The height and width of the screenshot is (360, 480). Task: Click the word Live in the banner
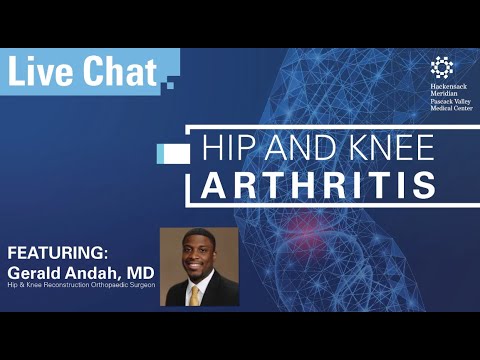[x=39, y=71]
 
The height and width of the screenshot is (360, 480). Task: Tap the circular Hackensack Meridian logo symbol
[x=441, y=67]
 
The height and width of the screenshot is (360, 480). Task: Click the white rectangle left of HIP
[x=174, y=151]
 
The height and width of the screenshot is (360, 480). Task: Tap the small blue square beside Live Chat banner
[x=170, y=85]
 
